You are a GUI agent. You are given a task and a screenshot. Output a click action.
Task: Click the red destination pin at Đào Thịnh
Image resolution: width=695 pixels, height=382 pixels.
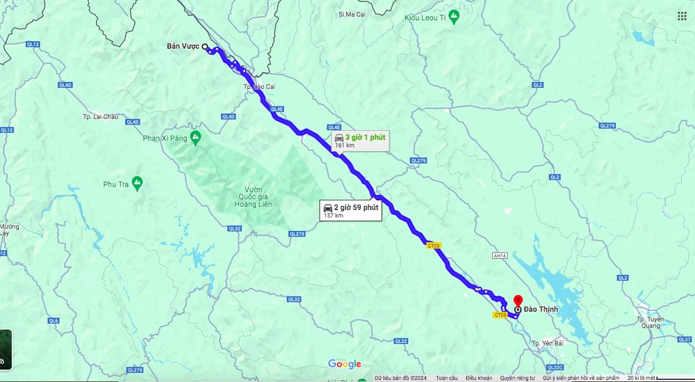point(518,301)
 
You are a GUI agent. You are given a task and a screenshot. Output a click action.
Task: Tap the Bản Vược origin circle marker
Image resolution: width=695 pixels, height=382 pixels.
point(205,47)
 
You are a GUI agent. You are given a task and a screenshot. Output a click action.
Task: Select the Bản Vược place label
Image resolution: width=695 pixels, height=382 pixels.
point(183,47)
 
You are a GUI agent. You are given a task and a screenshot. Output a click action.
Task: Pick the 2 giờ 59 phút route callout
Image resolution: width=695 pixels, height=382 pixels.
point(350,211)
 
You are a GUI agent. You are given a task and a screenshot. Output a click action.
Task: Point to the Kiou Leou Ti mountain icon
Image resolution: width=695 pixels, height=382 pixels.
point(454,15)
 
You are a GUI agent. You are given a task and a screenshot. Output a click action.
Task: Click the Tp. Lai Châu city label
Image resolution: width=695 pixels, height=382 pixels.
point(101,116)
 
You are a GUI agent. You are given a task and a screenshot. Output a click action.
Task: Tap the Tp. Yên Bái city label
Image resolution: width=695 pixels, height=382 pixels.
point(546,344)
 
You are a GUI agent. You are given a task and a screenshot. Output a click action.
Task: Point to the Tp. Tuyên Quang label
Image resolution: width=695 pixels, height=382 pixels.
point(650,322)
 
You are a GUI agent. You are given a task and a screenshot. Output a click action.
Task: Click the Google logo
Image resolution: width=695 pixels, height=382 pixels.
point(345,364)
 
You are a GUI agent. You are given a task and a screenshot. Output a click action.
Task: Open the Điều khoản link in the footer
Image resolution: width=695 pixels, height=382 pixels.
point(479,378)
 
